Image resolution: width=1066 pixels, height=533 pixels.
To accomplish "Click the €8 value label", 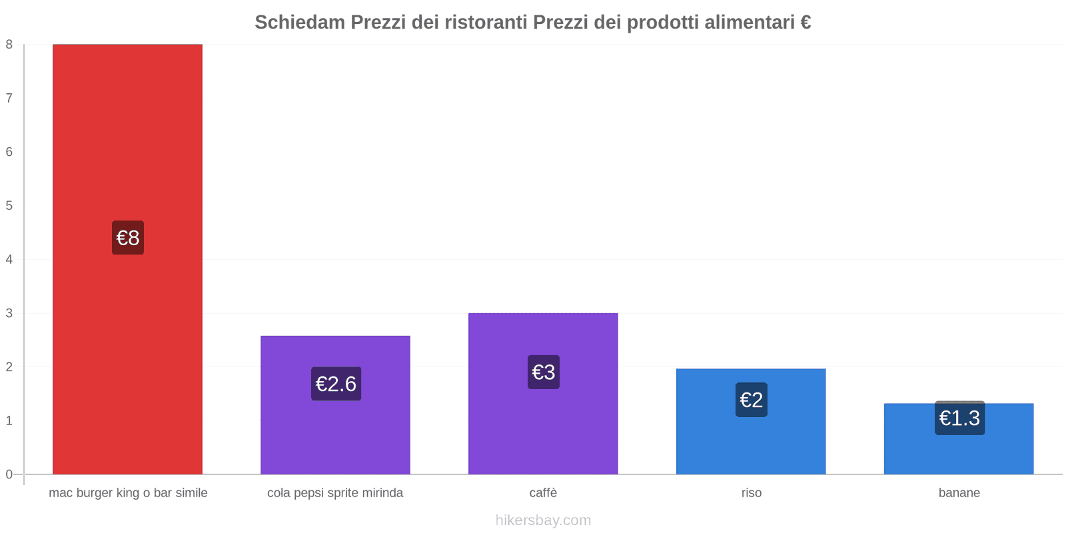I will pos(128,238).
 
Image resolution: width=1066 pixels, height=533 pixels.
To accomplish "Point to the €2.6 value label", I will pos(336,384).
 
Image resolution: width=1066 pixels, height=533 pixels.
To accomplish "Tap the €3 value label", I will pos(544,372).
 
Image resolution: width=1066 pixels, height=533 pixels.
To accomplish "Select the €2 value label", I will pos(752,400).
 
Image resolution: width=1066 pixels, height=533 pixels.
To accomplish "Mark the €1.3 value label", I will pos(959,418).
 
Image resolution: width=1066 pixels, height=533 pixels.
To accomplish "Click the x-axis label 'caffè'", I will pos(543,493).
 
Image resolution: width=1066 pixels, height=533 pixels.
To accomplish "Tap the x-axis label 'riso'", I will pos(752,493).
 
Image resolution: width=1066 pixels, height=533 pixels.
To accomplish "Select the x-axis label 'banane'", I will pos(959,493).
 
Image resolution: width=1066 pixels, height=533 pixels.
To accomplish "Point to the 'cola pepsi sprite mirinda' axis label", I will pos(335,493).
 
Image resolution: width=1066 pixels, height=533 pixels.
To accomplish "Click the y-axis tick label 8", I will pos(9,45).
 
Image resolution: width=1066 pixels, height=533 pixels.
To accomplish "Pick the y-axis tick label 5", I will pos(9,206).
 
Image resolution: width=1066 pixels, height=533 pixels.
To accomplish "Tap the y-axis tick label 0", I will pos(9,474).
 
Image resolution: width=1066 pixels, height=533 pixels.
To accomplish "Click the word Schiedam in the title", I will pos(299,23).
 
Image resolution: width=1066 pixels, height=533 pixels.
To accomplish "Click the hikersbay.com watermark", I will pos(543,520).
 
